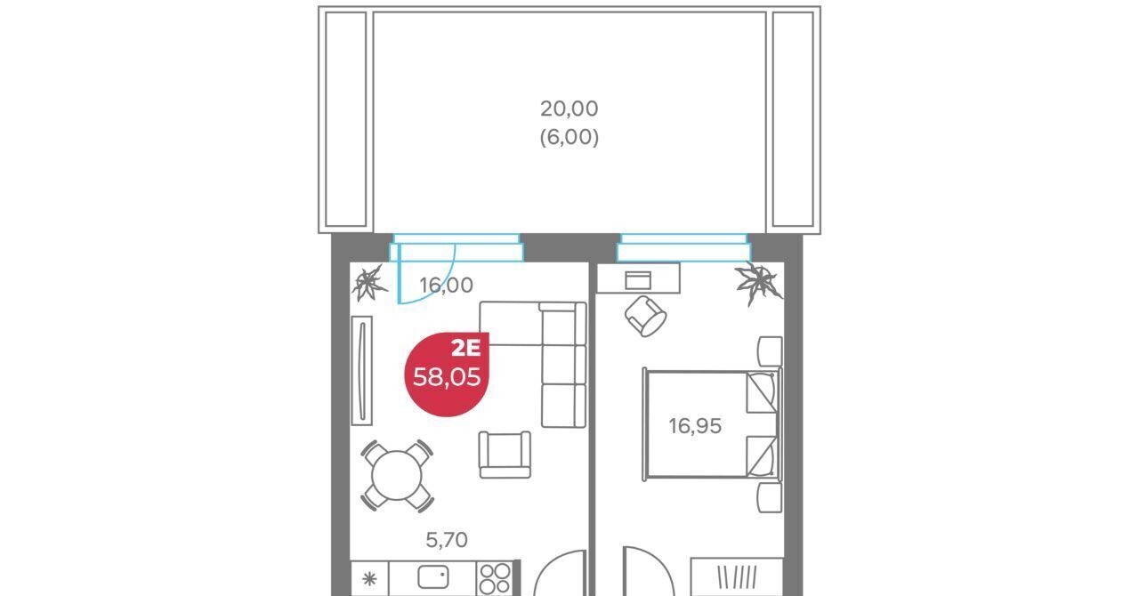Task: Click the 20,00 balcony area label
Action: [x=569, y=109]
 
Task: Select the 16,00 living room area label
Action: [x=447, y=286]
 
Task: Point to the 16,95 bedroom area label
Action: [x=695, y=426]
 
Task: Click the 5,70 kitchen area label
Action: [x=447, y=540]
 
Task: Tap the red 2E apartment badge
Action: [x=447, y=375]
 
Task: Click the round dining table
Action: [x=397, y=476]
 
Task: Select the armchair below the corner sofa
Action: [x=505, y=455]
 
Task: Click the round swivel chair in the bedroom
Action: [x=646, y=317]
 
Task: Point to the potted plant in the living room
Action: [x=369, y=284]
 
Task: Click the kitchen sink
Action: [x=433, y=577]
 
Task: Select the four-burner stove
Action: [x=495, y=578]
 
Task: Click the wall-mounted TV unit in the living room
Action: [x=361, y=371]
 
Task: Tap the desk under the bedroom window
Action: [x=638, y=278]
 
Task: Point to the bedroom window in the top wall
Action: [x=684, y=247]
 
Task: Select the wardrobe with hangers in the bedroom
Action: [x=736, y=576]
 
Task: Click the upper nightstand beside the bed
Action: [x=770, y=350]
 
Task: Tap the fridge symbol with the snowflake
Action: [x=369, y=579]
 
